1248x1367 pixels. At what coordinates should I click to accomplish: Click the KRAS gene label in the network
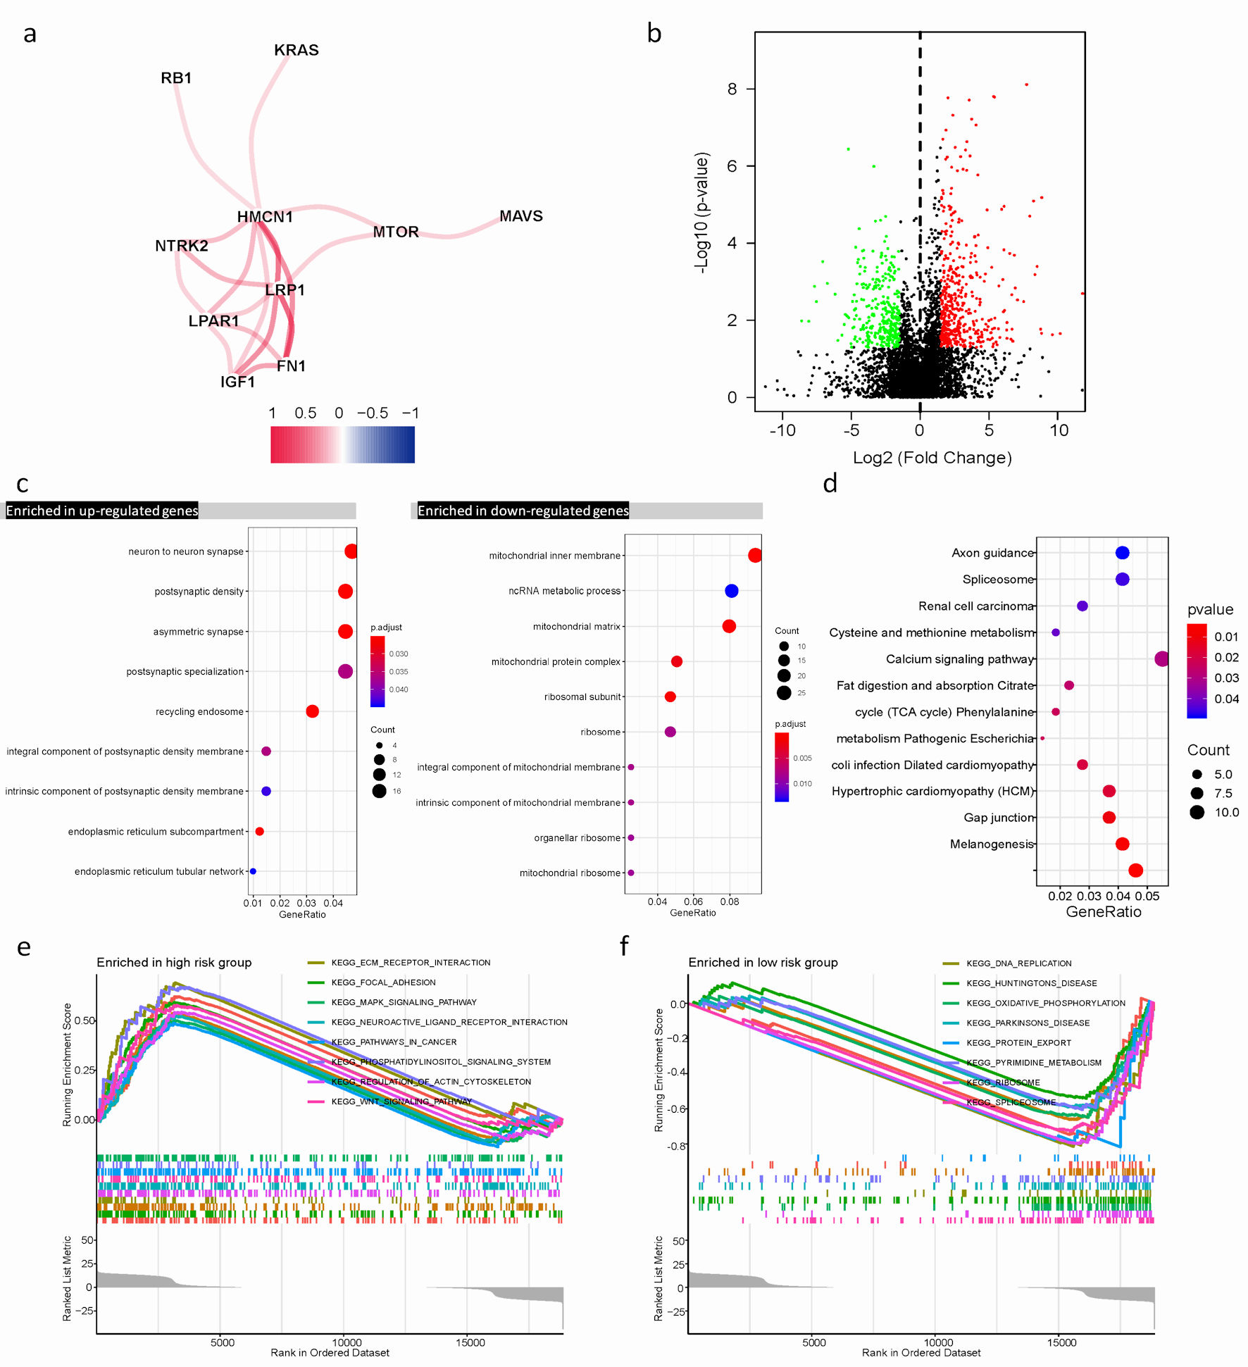pyautogui.click(x=296, y=50)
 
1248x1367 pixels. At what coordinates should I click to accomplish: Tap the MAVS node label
pyautogui.click(x=520, y=216)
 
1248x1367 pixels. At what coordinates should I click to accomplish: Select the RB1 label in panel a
pyautogui.click(x=176, y=78)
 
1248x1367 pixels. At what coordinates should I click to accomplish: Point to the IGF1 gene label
pyautogui.click(x=237, y=382)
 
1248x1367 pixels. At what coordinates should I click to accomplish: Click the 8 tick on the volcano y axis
pyautogui.click(x=732, y=89)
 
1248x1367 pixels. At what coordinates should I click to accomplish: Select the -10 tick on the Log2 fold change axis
pyautogui.click(x=782, y=430)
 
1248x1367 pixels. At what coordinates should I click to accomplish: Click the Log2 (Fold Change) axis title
pyautogui.click(x=932, y=458)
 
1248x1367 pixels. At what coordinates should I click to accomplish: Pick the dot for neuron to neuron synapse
pyautogui.click(x=351, y=551)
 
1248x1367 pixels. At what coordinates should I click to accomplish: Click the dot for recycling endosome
pyautogui.click(x=312, y=711)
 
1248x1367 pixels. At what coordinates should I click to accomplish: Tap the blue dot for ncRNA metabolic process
pyautogui.click(x=731, y=591)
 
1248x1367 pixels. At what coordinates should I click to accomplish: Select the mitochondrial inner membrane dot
pyautogui.click(x=754, y=556)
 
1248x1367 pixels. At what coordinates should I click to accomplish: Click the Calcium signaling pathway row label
pyautogui.click(x=959, y=659)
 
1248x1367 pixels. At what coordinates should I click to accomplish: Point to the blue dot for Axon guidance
pyautogui.click(x=1122, y=553)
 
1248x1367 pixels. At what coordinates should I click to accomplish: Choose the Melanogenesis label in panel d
pyautogui.click(x=991, y=844)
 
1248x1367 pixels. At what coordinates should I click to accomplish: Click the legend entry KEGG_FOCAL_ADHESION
pyautogui.click(x=383, y=982)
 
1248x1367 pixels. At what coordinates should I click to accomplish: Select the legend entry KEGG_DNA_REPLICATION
pyautogui.click(x=1018, y=963)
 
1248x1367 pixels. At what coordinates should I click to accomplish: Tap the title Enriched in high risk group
pyautogui.click(x=174, y=963)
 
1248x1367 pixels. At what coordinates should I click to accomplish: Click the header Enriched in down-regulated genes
pyautogui.click(x=523, y=511)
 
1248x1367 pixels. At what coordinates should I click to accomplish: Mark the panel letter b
pyautogui.click(x=654, y=33)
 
